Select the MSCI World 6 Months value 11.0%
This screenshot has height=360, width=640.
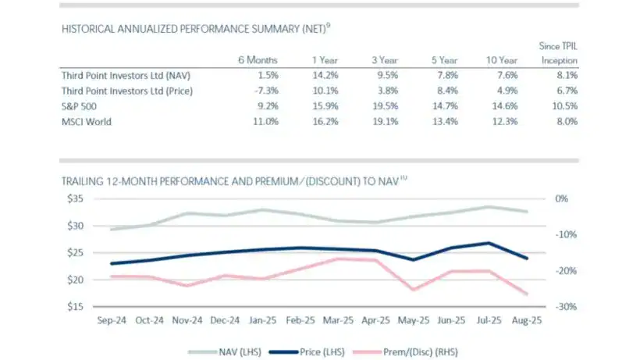[x=261, y=121]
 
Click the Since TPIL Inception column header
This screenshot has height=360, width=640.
[x=558, y=53]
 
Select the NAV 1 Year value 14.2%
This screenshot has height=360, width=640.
[x=323, y=76]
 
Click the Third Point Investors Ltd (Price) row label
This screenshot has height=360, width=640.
[x=126, y=91]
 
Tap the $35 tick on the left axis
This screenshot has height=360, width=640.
[x=74, y=199]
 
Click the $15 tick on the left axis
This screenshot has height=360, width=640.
[x=74, y=306]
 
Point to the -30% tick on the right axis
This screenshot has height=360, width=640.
[x=566, y=306]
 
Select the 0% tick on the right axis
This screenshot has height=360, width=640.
[x=562, y=199]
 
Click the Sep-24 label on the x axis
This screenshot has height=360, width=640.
[x=112, y=320]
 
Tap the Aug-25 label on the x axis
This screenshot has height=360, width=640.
[x=528, y=320]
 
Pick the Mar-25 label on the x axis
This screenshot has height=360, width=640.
[x=339, y=320]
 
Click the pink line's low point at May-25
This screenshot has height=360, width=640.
[x=414, y=290]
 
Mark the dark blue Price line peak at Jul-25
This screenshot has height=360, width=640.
[x=489, y=243]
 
